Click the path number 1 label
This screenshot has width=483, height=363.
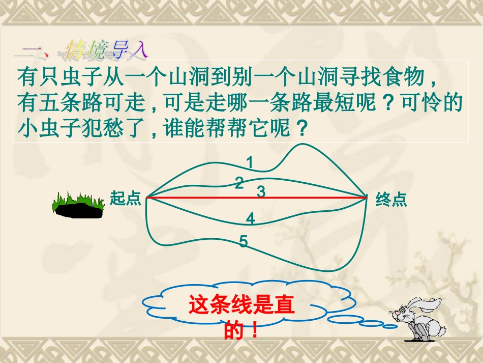250,162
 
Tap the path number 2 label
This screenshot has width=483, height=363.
239,183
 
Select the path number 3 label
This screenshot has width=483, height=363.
261,192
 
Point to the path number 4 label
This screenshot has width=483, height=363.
250,219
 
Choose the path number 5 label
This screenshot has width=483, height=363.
244,241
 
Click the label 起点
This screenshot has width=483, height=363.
125,199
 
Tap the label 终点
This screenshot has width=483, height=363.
391,200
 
